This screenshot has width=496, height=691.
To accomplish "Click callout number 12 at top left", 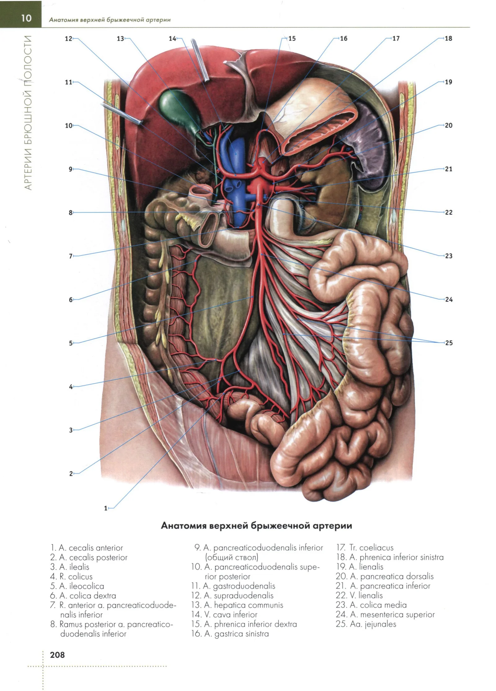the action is point(68,39).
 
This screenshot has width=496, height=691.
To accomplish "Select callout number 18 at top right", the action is point(448,38).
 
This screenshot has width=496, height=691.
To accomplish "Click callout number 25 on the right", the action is point(449,343).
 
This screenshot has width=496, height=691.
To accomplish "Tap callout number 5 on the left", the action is point(71,343).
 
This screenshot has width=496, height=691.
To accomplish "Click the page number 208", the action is point(57,654).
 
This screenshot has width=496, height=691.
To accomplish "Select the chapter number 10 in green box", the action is point(26,18).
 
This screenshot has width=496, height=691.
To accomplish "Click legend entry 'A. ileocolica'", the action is point(77,586).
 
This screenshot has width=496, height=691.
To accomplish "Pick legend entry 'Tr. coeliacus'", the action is point(365,548).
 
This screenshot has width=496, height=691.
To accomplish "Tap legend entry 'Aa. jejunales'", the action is point(366,624).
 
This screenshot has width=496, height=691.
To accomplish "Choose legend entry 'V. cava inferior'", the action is point(224,614).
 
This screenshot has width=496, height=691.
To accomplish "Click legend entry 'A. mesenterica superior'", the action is point(385,614).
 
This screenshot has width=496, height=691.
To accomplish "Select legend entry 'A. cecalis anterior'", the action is point(87,548).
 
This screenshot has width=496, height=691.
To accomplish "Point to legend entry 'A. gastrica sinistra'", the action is point(230,633).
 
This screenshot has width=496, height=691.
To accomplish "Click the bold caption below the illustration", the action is point(256,526).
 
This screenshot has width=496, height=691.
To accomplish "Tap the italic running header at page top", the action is point(110,20).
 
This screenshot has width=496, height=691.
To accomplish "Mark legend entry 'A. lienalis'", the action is point(360,566).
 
